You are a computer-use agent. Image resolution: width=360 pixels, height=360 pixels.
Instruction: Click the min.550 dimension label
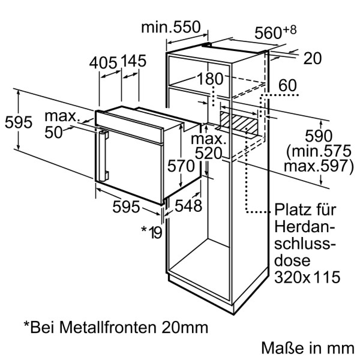coord(171,27)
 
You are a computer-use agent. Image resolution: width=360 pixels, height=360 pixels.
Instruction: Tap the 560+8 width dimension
coord(276,32)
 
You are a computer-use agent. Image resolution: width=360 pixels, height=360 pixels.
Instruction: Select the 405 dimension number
coord(103,63)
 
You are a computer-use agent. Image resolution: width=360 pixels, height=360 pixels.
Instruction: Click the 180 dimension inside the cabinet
coord(210,79)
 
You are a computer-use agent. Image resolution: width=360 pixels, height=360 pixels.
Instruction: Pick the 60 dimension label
coord(287,85)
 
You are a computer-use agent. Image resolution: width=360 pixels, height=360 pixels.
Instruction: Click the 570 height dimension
coord(181,166)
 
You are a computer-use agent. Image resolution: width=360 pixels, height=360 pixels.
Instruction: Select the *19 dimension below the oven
coord(152,232)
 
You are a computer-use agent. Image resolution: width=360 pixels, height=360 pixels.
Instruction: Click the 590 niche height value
coord(319,136)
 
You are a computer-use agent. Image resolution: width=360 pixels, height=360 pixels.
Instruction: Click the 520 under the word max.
coord(208,154)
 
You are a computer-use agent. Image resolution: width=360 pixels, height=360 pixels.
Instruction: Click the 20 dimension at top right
coord(312,58)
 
